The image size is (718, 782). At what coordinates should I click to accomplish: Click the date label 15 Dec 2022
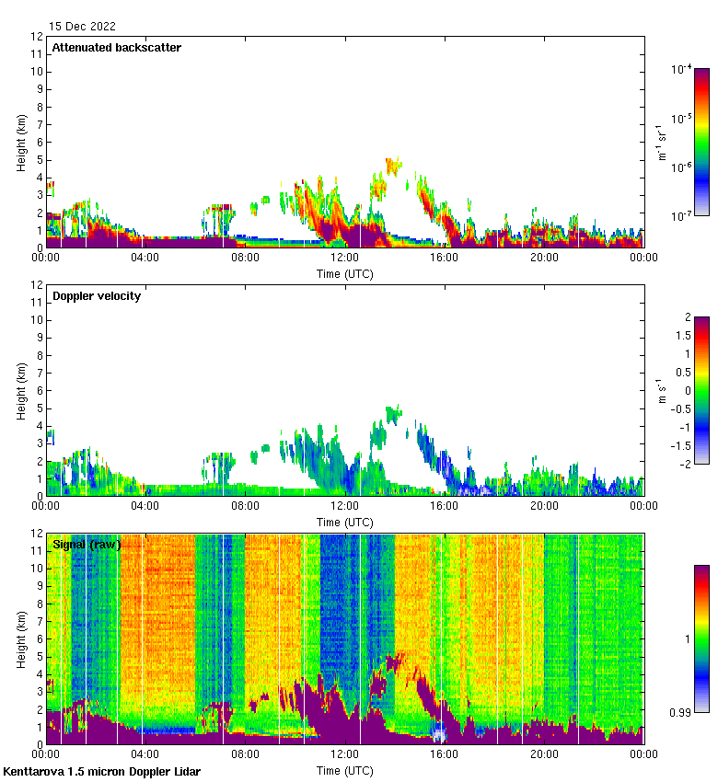point(82,27)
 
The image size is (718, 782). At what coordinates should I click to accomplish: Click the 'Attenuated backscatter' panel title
point(116,48)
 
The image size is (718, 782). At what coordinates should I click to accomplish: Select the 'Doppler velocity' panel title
point(97,296)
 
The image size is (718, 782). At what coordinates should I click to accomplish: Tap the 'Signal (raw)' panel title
point(87,545)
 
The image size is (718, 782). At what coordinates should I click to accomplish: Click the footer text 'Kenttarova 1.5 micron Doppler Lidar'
point(101,771)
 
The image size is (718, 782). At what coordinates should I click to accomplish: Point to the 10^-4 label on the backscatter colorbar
point(681,70)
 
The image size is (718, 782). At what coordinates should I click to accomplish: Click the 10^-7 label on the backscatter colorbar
point(681,216)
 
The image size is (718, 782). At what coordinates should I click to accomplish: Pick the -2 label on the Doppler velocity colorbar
point(685,465)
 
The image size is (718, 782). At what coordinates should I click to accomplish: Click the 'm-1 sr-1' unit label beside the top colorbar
point(661,143)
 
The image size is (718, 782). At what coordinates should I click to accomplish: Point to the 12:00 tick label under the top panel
point(344,258)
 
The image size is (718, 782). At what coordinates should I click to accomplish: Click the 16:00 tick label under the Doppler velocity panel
point(444,506)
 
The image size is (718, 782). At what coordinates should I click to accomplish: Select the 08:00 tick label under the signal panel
point(245,754)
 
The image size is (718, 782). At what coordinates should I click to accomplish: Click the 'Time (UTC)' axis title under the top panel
point(344,273)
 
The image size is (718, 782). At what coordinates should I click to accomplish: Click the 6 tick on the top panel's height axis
point(40,143)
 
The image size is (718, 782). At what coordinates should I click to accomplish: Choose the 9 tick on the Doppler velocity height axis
point(40,338)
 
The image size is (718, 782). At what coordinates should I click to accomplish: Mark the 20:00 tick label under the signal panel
point(544,754)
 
